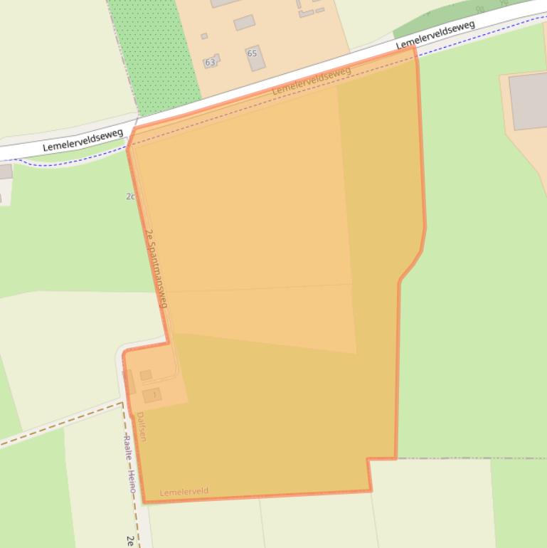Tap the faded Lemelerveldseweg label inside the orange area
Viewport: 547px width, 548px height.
point(312,81)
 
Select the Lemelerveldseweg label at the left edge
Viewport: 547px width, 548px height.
point(83,140)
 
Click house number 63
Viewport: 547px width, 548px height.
point(210,63)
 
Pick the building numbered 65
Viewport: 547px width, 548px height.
point(255,58)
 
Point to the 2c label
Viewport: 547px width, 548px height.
point(130,196)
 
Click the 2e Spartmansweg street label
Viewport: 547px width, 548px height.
point(156,268)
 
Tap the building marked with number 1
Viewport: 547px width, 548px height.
point(152,395)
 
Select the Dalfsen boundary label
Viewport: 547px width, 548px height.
point(141,426)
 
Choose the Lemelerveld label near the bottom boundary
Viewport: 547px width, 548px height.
point(184,492)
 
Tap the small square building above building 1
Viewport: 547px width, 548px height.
point(146,375)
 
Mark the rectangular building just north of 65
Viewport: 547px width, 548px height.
point(244,23)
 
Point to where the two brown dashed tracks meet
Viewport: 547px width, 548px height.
point(122,405)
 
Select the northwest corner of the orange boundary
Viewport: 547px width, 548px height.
point(128,146)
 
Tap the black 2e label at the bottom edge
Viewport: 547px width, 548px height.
point(130,540)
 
